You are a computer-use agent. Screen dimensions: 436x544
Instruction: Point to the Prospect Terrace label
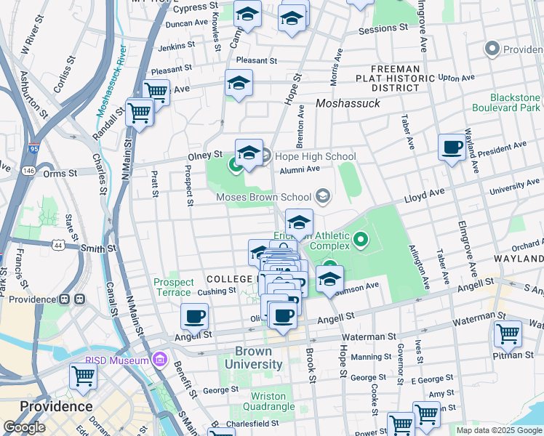point(174,287)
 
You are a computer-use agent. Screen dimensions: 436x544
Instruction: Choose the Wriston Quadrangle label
point(258,401)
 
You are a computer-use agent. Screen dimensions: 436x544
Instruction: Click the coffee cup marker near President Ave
point(452,148)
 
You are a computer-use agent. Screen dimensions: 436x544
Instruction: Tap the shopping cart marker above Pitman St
point(508,334)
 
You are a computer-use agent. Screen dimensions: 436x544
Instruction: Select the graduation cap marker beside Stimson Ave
point(329,279)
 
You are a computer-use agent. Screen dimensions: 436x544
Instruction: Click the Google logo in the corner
point(24,427)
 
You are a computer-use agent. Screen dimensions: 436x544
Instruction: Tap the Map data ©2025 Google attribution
point(498,430)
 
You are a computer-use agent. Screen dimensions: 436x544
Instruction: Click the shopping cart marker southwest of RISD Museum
point(84,377)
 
